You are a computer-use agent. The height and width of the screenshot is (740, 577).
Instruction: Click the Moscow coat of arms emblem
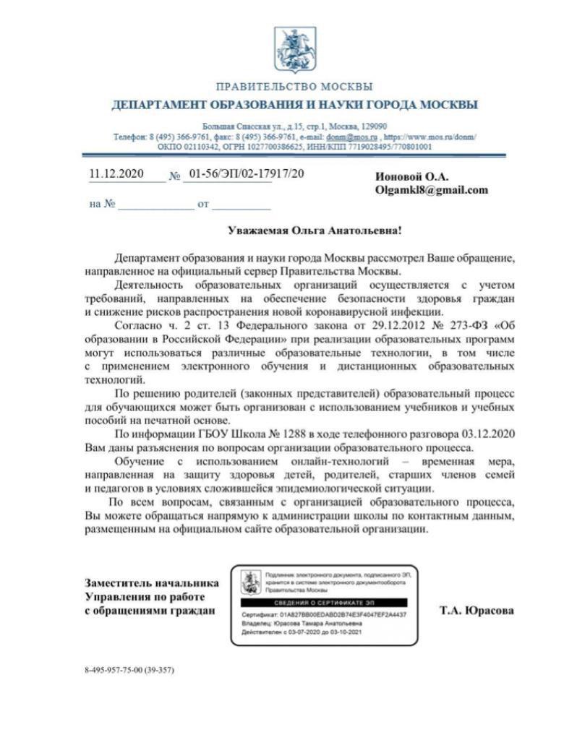(294, 48)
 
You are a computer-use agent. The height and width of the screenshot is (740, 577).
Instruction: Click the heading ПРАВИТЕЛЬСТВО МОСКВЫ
(294, 87)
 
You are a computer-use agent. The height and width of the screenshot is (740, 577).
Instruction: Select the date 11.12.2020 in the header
(116, 174)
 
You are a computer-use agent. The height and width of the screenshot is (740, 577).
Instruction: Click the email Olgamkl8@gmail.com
(431, 190)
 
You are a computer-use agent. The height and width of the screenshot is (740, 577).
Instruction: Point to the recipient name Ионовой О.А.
(412, 177)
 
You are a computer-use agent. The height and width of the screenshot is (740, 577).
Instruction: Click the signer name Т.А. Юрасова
(477, 611)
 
